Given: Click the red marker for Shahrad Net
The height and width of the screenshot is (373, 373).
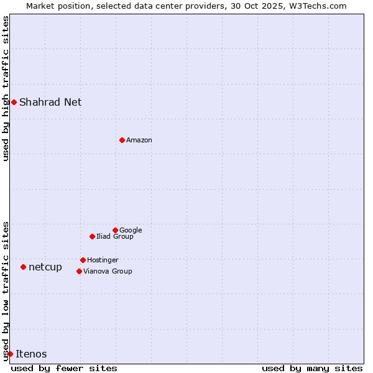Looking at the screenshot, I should pos(14,102).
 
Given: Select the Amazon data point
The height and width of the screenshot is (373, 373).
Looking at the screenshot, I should pos(122,140).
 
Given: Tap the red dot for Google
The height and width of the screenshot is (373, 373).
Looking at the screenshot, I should pos(115,230).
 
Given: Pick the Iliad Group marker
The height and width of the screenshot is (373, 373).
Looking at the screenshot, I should pos(92,236).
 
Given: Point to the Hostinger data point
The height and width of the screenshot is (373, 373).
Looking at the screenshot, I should pos(83,260).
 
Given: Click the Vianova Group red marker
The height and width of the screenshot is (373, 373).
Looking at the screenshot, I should pos(79,271).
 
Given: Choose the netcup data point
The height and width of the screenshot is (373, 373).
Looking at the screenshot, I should pos(23,267).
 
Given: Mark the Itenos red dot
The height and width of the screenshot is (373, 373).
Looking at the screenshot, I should pos(10,354).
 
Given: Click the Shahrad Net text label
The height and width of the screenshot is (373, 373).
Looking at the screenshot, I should pos(50,102).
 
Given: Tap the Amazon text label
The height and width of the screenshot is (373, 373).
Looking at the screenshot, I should pos(139,140).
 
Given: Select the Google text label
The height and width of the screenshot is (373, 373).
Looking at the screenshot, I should pos(131,230).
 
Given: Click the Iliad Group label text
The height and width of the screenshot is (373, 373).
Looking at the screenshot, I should pos(115,236).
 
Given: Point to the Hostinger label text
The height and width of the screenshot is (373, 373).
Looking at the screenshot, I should pos(103,260).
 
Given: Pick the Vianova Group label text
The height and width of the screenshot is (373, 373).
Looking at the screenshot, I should pos(108,271).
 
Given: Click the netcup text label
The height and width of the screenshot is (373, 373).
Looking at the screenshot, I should pos(45,267).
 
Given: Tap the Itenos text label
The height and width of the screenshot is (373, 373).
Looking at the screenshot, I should pos(31,354).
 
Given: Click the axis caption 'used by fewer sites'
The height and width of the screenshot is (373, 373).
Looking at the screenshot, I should pos(64,368).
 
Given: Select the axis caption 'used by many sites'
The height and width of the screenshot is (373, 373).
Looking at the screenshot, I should pos(312,368).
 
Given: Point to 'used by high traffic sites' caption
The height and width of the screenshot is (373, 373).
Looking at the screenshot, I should pos(6,88).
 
